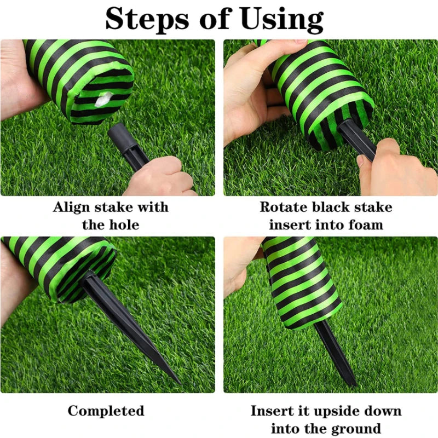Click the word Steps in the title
tap(147, 20)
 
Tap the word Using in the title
tap(282, 20)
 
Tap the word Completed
tap(106, 411)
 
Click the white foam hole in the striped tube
tap(103, 100)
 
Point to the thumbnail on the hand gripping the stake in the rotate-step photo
tap(361, 161)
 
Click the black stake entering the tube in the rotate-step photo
tap(356, 139)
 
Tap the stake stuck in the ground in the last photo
tap(335, 353)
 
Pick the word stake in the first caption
tap(112, 208)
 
